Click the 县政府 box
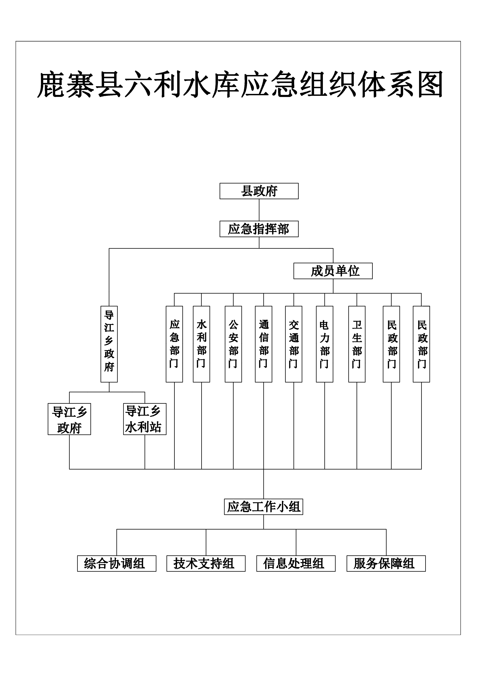click(x=259, y=191)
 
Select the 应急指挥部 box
click(x=259, y=229)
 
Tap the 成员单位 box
click(x=333, y=271)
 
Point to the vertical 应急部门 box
click(x=174, y=344)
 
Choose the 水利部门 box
click(x=201, y=344)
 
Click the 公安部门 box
click(x=233, y=344)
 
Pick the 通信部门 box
click(x=264, y=344)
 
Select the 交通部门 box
click(x=294, y=344)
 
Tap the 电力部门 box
click(x=324, y=344)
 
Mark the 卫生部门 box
click(x=357, y=344)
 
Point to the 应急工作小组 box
click(x=264, y=507)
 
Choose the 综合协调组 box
click(x=117, y=564)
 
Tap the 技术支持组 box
click(x=206, y=564)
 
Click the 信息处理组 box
click(x=296, y=564)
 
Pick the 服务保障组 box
click(x=386, y=564)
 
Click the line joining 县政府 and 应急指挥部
click(x=259, y=210)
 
